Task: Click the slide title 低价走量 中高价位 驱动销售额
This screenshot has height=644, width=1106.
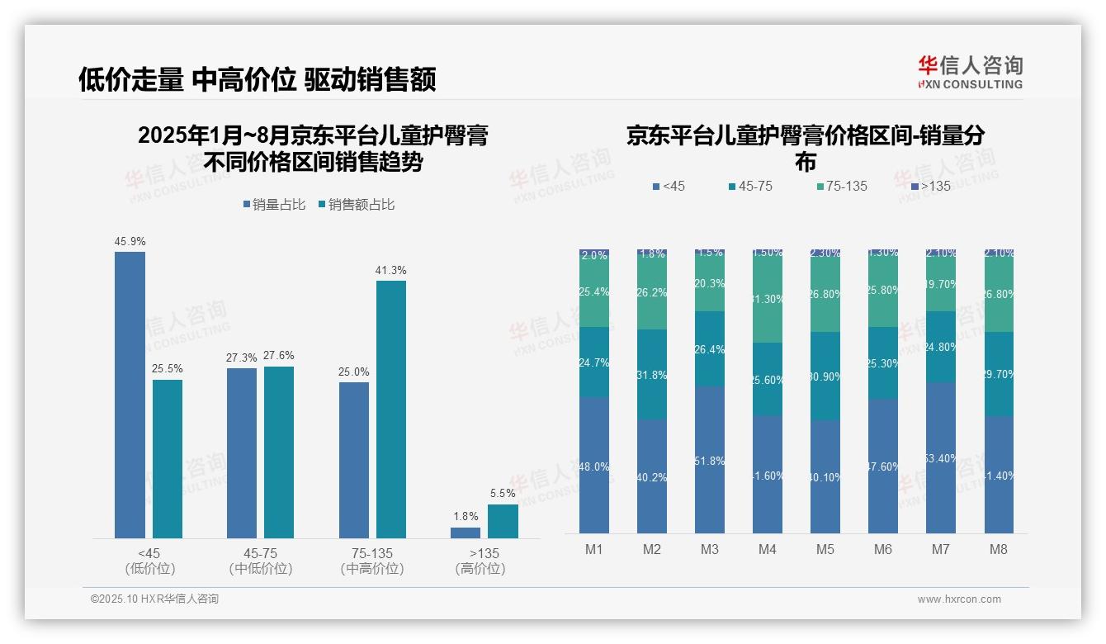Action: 257,79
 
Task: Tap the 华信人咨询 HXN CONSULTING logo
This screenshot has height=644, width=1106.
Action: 970,73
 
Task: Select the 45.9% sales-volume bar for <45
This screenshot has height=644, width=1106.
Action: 130,395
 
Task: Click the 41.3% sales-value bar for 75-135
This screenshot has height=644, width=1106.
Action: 391,409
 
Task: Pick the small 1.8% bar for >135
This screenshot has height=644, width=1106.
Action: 466,533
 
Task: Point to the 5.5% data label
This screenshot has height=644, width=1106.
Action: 502,493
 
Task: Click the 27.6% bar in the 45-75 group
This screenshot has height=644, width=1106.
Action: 279,452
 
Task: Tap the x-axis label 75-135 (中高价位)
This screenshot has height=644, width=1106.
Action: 372,561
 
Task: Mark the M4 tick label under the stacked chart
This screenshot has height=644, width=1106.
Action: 768,549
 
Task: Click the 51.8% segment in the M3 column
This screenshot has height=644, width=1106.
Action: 710,460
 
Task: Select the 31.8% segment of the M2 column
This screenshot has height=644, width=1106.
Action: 652,374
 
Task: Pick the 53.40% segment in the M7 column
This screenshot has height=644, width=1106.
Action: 941,457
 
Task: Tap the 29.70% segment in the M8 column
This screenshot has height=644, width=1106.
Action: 999,373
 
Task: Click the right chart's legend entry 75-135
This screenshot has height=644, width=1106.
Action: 841,187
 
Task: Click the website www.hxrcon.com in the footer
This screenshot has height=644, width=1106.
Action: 959,599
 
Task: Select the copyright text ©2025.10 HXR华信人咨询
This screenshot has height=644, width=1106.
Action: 154,599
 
